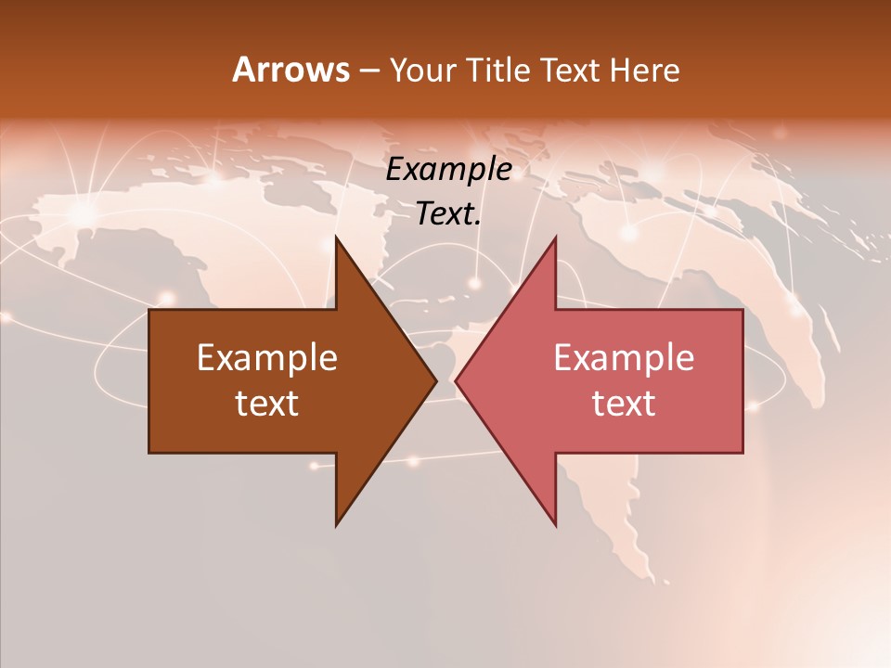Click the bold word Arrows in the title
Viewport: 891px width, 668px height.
click(291, 70)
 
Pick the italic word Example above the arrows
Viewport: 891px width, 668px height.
click(449, 170)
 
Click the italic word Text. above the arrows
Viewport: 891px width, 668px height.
click(449, 214)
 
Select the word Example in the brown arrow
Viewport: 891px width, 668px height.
click(267, 358)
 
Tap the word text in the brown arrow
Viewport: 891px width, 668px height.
click(267, 404)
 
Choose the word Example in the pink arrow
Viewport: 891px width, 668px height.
click(624, 358)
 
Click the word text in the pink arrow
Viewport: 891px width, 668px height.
click(624, 404)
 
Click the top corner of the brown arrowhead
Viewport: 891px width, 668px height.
click(336, 238)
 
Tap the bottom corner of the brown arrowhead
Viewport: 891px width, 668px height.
click(336, 525)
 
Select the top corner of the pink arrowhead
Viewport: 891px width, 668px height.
click(555, 238)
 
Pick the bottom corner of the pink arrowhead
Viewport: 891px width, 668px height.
click(555, 525)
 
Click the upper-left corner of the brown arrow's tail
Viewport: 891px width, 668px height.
click(149, 310)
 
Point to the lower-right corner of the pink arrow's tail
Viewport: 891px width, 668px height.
click(742, 452)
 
